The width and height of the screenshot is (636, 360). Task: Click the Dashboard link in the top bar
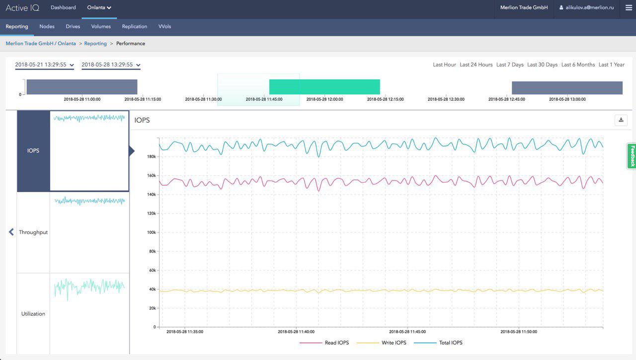coord(63,7)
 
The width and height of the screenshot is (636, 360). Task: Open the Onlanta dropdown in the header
coord(99,7)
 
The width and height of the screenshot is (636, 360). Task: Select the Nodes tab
coord(47,26)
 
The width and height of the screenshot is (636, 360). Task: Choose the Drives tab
coord(73,26)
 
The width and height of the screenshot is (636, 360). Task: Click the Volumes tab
coord(101,26)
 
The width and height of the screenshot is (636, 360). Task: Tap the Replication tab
coord(135,26)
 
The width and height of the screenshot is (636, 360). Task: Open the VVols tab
coord(164,26)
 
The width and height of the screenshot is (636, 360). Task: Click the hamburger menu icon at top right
coord(629,7)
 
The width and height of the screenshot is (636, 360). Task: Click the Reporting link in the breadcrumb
coord(95,44)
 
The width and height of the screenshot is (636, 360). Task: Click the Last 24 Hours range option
coord(476,65)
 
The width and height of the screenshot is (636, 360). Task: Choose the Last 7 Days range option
coord(510,65)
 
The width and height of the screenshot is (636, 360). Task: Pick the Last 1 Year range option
coord(611,65)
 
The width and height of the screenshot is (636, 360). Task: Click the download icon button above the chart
coord(621,120)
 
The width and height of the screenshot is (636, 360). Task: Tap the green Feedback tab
coord(632,156)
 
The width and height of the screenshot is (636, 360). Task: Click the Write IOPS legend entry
coord(394,343)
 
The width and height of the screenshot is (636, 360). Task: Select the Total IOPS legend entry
coord(451,343)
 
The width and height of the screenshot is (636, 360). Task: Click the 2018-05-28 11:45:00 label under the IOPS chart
coord(407,332)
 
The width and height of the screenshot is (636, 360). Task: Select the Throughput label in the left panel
coord(33,232)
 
